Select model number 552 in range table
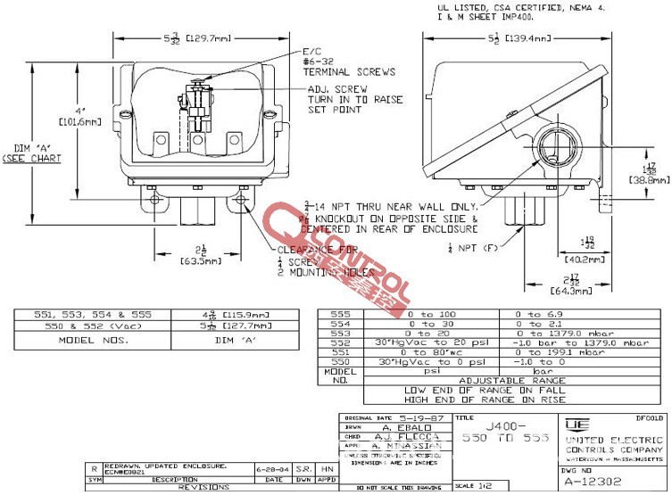[x=341, y=342]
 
